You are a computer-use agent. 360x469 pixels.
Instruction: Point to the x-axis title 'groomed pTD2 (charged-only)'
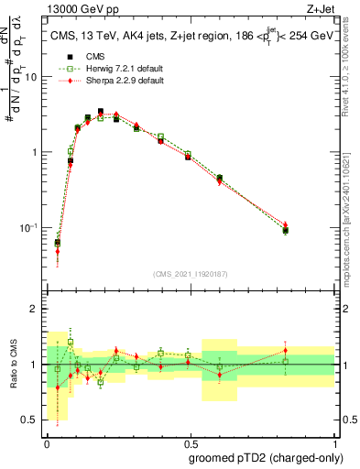(265, 457)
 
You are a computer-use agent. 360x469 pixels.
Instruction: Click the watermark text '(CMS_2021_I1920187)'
(190, 274)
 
